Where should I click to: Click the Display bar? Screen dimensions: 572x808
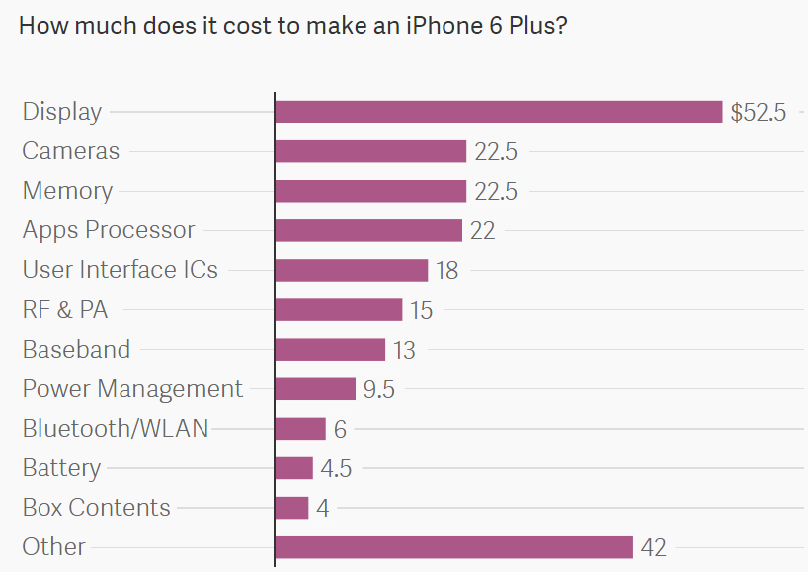click(499, 112)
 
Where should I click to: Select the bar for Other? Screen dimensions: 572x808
click(454, 547)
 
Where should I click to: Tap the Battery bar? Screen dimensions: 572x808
click(293, 468)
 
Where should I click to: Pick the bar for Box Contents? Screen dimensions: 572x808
click(291, 508)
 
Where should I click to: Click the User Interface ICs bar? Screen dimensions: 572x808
click(352, 270)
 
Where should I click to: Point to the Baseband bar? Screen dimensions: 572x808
click(330, 349)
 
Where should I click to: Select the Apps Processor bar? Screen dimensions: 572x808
click(368, 230)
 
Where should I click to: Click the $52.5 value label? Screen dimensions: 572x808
click(758, 113)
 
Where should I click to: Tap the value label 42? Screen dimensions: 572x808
click(654, 547)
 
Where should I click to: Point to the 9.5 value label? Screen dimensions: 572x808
click(378, 389)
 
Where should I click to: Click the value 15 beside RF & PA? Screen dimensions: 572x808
click(422, 310)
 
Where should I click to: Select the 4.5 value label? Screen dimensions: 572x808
click(336, 468)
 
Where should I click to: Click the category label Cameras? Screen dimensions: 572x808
click(71, 151)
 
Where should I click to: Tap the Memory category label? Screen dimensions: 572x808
click(67, 191)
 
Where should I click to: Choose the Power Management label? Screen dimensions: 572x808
click(132, 389)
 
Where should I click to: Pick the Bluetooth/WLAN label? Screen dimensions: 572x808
click(116, 429)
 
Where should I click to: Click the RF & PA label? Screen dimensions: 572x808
click(65, 310)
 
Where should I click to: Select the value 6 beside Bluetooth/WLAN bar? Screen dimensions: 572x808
click(340, 429)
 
